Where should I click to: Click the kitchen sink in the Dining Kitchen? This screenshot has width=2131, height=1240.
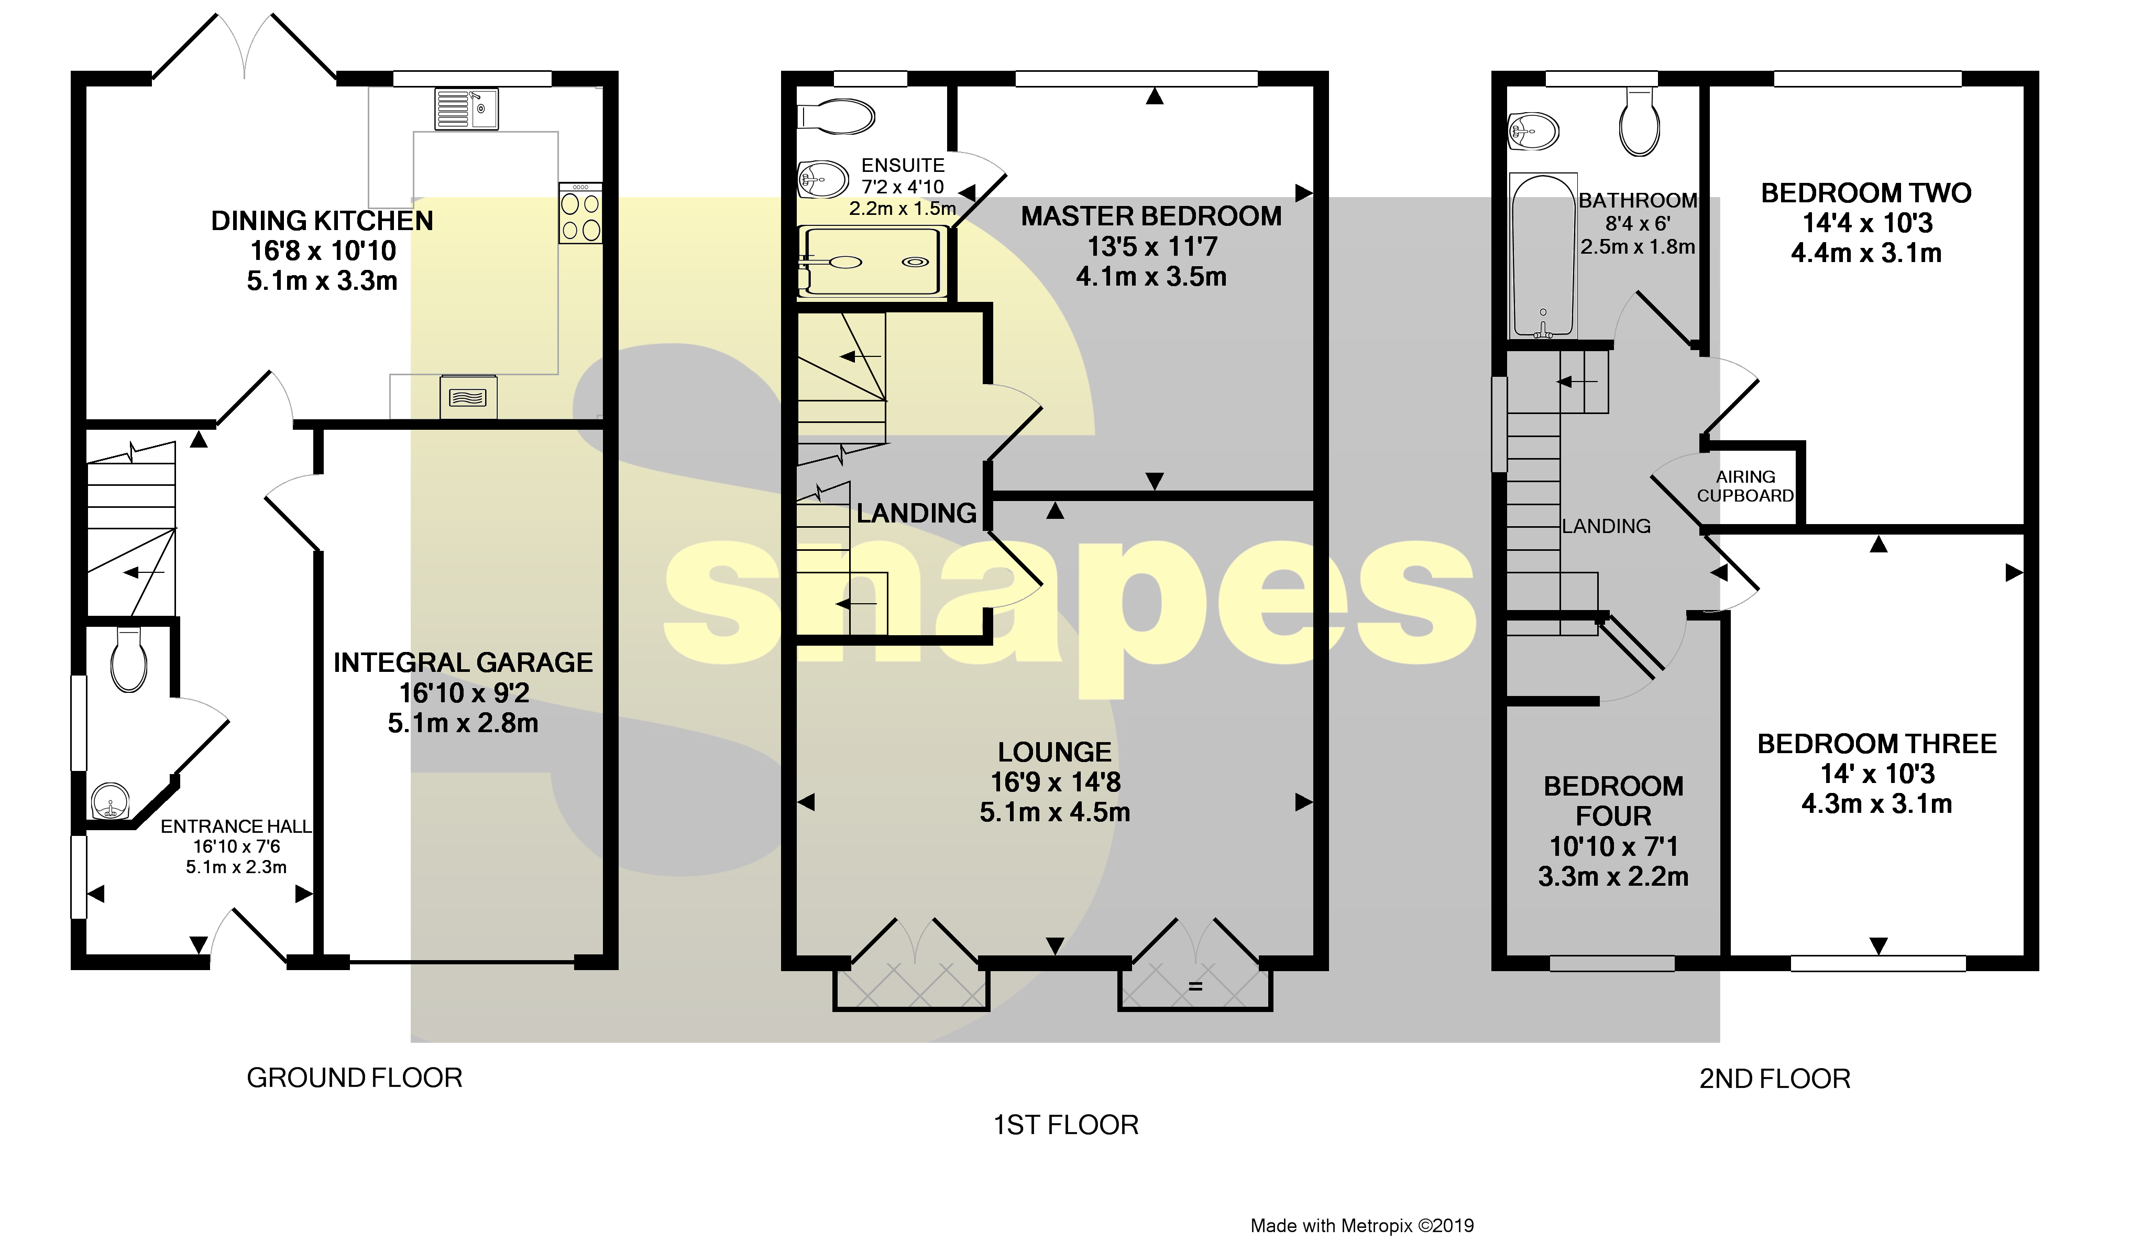(x=466, y=109)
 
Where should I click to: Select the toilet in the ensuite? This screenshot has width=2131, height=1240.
(x=837, y=117)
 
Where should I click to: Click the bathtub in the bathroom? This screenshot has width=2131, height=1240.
(x=1542, y=255)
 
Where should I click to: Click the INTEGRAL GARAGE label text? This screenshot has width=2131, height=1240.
(x=463, y=662)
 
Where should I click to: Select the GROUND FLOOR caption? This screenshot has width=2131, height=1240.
(x=354, y=1079)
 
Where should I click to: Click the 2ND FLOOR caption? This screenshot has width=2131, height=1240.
(x=1775, y=1079)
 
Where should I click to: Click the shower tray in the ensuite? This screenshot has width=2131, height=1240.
(x=871, y=262)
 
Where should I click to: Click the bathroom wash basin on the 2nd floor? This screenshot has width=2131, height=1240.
(x=1533, y=131)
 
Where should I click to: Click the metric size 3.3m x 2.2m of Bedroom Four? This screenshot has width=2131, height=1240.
(x=1612, y=876)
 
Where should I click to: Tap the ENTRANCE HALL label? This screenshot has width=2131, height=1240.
(x=236, y=826)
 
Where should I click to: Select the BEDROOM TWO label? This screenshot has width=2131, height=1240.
(x=1865, y=193)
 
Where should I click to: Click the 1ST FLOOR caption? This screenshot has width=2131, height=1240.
(x=1065, y=1125)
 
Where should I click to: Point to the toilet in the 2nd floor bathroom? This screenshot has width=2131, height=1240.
(x=1639, y=123)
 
